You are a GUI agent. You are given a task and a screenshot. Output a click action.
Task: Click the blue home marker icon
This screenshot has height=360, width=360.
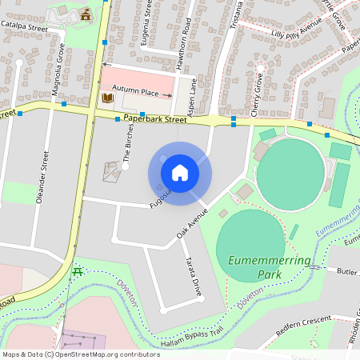[180, 172]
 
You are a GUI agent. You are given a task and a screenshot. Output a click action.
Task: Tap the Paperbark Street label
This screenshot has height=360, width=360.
[155, 119]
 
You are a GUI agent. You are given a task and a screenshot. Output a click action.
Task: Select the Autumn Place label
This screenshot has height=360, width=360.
[136, 92]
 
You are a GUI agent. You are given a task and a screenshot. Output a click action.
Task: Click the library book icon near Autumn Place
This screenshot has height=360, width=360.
[108, 98]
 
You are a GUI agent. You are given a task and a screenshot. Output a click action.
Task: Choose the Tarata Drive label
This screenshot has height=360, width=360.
[191, 276]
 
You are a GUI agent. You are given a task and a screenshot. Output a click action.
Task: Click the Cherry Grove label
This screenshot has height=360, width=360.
[258, 95]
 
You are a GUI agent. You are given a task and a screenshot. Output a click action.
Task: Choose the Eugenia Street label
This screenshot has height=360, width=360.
[147, 24]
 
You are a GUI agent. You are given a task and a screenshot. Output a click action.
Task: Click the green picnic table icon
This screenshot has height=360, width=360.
[78, 270]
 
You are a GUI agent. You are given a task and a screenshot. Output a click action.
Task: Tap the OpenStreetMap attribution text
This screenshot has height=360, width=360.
[81, 354]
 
